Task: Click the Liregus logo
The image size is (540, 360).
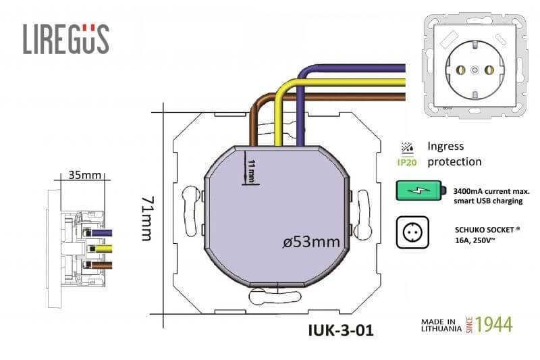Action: click(x=66, y=39)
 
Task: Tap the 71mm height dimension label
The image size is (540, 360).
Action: click(x=148, y=218)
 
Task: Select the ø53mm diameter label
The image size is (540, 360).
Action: click(x=311, y=242)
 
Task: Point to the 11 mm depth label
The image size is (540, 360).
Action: click(x=252, y=171)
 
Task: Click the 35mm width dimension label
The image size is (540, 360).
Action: click(x=85, y=175)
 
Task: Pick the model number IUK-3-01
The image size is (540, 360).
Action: click(x=341, y=330)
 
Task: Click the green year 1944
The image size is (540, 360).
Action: click(x=494, y=325)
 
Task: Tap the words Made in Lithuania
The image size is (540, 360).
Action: click(x=441, y=325)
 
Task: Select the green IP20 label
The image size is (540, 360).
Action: click(x=407, y=162)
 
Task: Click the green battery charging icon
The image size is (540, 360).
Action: click(x=421, y=190)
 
